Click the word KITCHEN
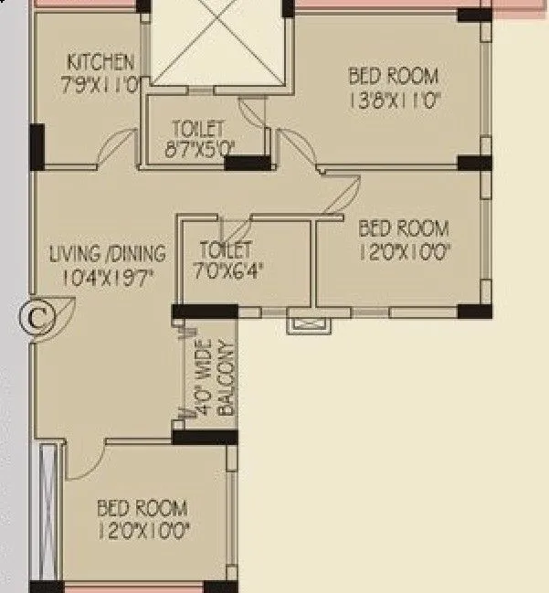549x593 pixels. [101, 62]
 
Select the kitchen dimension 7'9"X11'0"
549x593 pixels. [101, 84]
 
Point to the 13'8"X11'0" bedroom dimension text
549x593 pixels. [394, 101]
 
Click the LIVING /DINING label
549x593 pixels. [108, 253]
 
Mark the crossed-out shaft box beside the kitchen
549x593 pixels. [217, 43]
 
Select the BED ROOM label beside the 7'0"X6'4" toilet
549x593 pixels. [403, 228]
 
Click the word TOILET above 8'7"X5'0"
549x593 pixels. [198, 127]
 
